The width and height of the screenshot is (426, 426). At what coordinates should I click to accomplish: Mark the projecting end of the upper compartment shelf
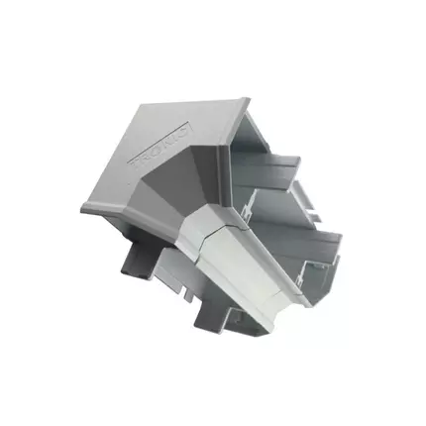click(x=297, y=163)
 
